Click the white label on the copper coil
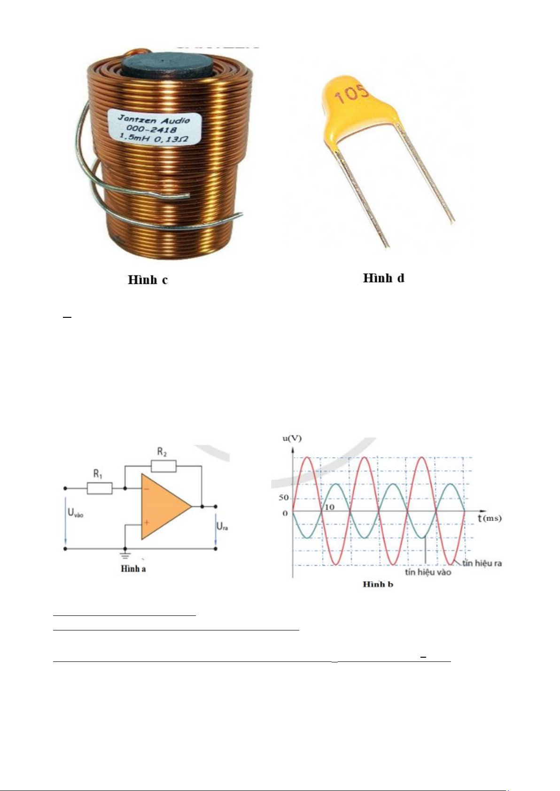click(x=155, y=128)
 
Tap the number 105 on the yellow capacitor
click(x=351, y=94)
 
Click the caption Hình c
click(x=148, y=280)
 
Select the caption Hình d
click(x=384, y=278)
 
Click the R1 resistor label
click(x=98, y=474)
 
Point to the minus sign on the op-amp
click(x=147, y=489)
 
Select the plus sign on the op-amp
click(x=147, y=522)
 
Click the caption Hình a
click(x=133, y=569)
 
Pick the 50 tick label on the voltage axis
click(x=284, y=498)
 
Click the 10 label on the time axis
click(x=329, y=507)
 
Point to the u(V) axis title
click(x=292, y=438)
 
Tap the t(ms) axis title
click(x=490, y=518)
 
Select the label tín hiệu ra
click(x=482, y=563)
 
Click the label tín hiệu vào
click(x=428, y=572)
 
